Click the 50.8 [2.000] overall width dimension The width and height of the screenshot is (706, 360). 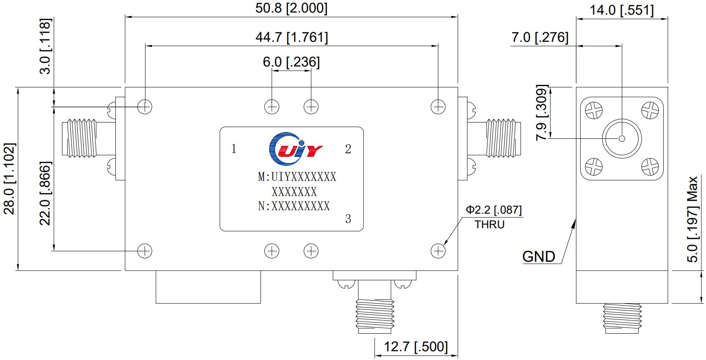(291, 8)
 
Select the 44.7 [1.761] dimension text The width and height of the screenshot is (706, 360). (292, 38)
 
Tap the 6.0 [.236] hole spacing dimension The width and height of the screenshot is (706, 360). (291, 62)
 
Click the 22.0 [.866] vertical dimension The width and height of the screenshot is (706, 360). (45, 193)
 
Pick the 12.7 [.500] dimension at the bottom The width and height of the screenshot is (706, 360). (415, 347)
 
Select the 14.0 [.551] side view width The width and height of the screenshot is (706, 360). (622, 10)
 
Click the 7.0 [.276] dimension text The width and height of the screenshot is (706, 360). (540, 37)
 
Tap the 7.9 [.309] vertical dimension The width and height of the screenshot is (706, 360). (542, 113)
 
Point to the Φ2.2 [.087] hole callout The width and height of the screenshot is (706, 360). (494, 209)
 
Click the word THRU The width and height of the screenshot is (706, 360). (489, 225)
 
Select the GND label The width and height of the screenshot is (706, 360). (539, 256)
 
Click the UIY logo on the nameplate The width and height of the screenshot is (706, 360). (295, 148)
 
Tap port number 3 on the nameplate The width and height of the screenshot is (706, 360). (348, 219)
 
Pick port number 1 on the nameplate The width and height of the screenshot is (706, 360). (234, 149)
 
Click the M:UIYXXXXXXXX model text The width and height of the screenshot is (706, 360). (297, 177)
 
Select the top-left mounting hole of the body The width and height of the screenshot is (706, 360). (145, 107)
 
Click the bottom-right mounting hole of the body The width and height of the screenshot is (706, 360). (438, 250)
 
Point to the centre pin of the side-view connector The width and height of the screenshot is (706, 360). (622, 138)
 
